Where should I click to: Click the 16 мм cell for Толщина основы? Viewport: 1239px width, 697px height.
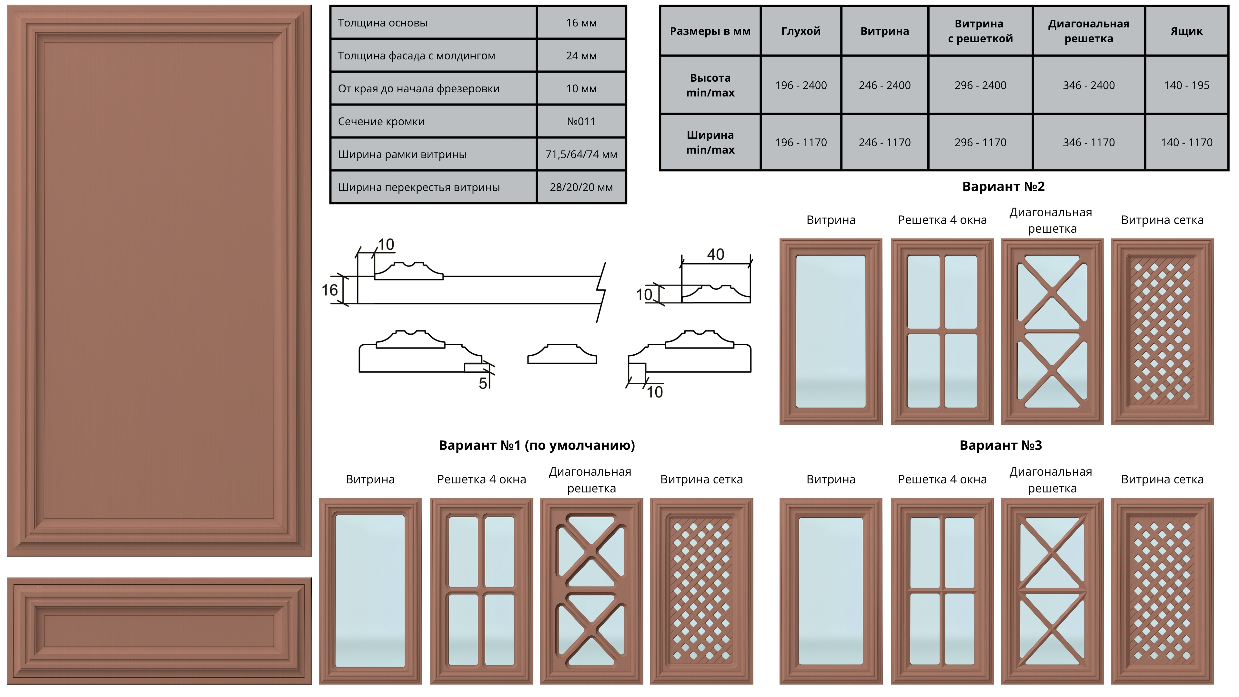click(x=581, y=23)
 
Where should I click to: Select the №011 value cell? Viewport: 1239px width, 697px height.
click(x=581, y=121)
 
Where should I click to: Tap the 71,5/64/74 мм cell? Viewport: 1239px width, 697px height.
click(x=581, y=155)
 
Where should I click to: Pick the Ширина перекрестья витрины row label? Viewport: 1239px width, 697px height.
click(x=418, y=187)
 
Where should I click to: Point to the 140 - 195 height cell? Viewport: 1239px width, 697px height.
click(x=1187, y=85)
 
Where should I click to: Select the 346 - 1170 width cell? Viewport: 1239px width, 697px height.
click(x=1088, y=142)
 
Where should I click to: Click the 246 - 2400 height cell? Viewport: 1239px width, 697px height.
click(x=884, y=85)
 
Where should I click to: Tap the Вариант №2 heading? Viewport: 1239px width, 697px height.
click(x=1003, y=187)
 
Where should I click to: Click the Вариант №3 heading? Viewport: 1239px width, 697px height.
click(x=1001, y=445)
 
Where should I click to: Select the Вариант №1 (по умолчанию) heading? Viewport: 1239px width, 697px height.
click(x=537, y=445)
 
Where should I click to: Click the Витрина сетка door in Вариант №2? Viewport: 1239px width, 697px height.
click(x=1162, y=331)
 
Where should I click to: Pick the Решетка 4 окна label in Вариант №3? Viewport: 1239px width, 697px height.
click(x=942, y=480)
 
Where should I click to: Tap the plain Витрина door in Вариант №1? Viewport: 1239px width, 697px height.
click(x=370, y=591)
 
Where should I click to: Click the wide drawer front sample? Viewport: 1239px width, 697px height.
click(x=159, y=631)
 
